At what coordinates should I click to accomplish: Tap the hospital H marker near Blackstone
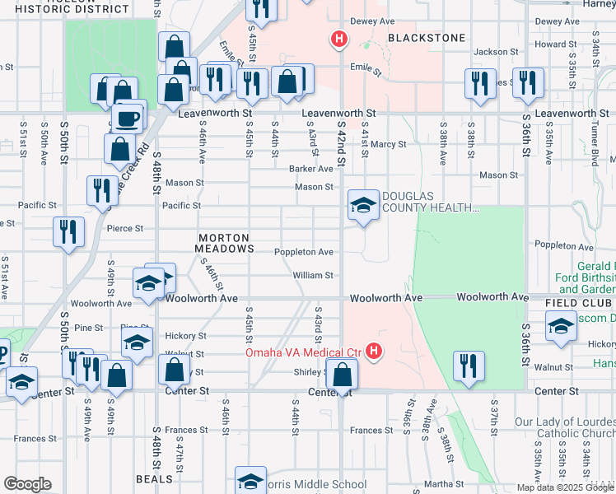[x=337, y=38]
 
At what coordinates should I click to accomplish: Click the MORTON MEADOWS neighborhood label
[x=224, y=242]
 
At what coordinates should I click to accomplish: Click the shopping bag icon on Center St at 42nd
[x=342, y=375]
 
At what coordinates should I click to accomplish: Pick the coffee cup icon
[x=128, y=117]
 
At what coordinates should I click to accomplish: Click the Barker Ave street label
[x=310, y=169]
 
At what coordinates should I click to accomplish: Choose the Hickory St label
[x=185, y=336]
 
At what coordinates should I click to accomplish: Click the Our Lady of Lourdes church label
[x=565, y=427]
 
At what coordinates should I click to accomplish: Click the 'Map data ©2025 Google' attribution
[x=565, y=487]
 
